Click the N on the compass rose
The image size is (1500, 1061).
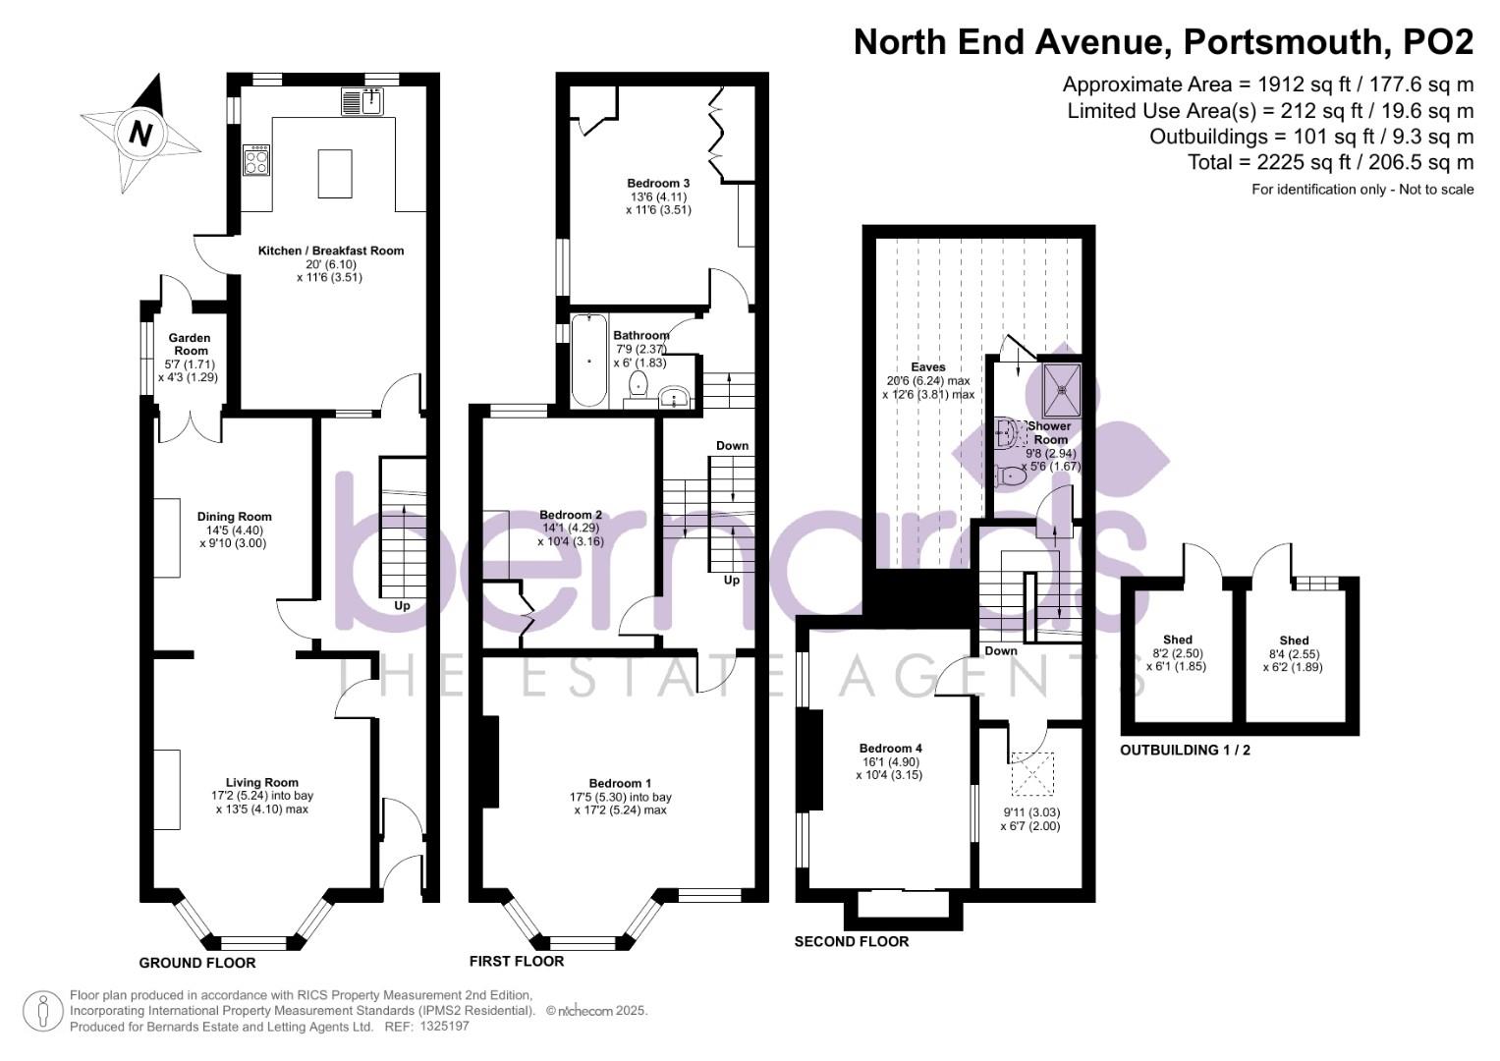tap(141, 132)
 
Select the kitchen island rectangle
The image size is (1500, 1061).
tap(335, 174)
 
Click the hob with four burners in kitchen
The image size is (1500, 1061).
tap(256, 160)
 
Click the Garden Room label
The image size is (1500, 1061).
tap(191, 344)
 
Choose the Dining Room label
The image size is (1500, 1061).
tap(234, 517)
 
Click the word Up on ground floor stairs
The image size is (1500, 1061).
tap(402, 605)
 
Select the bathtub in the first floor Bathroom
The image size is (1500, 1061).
tap(588, 360)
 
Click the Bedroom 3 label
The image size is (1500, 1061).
tap(658, 183)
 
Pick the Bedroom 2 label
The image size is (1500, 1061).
tap(571, 515)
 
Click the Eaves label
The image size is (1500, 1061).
tap(928, 367)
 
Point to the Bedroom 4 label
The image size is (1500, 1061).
tap(890, 748)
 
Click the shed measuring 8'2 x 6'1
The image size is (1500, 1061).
tap(1177, 652)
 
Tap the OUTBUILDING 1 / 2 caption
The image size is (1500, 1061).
tap(1185, 750)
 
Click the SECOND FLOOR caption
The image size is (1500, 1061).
tap(851, 941)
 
